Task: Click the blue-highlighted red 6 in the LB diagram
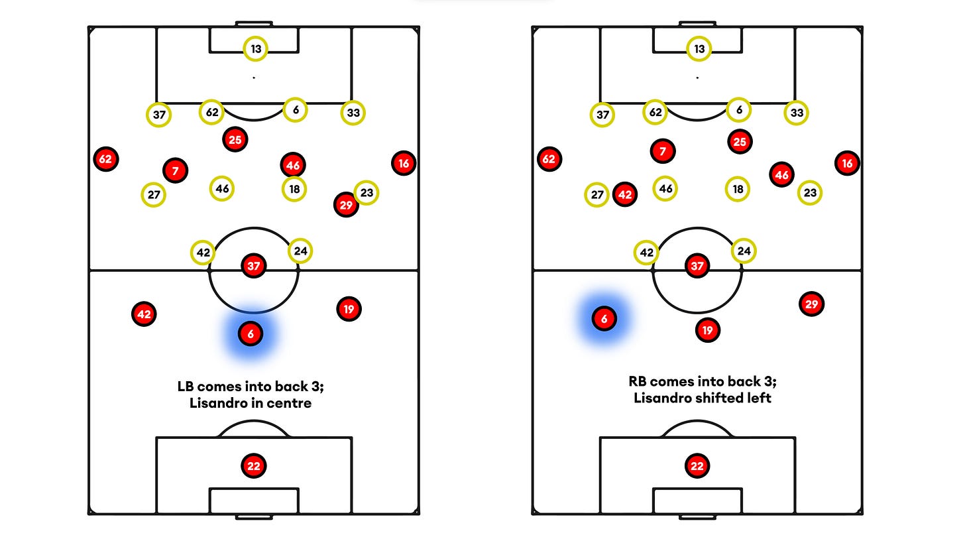(x=251, y=334)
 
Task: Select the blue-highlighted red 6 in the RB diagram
(x=604, y=319)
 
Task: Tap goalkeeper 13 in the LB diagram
(x=255, y=48)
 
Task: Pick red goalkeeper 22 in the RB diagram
(x=697, y=466)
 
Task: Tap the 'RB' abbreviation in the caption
(x=638, y=382)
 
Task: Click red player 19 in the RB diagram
(x=708, y=330)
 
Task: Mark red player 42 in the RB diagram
(x=624, y=195)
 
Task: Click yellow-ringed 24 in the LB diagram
(x=300, y=251)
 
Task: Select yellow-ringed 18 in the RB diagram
(x=738, y=189)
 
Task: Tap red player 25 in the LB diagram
(x=235, y=139)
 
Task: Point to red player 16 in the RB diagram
(x=846, y=162)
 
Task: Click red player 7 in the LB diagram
(x=175, y=170)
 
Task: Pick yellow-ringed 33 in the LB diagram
(x=353, y=113)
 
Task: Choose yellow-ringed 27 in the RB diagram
(x=597, y=195)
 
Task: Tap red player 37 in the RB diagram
(x=697, y=266)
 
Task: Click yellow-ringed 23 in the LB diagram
(x=367, y=193)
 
